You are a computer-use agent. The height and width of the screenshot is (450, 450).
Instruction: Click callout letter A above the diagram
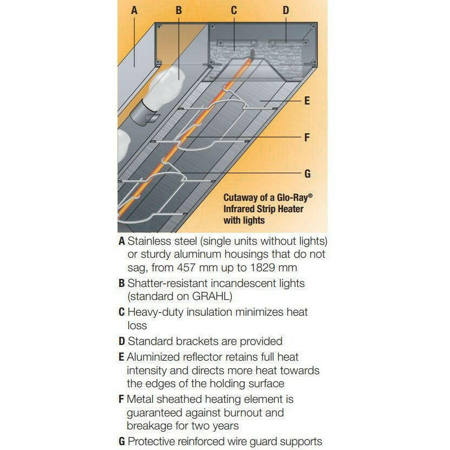tap(134, 10)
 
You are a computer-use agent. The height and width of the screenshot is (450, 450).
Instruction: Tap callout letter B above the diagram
tap(179, 10)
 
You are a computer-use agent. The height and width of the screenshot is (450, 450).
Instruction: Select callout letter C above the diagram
tap(234, 10)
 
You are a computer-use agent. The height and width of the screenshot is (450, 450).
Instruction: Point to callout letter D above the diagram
tap(286, 10)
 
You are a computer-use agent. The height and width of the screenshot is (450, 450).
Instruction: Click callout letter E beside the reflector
tap(307, 101)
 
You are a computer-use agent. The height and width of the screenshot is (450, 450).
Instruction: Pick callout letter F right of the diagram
tap(307, 138)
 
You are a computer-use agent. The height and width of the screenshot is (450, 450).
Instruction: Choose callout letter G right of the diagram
tap(308, 174)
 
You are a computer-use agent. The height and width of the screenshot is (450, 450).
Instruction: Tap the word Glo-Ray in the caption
tap(293, 198)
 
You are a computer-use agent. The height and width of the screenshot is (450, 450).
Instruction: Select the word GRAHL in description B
tap(211, 296)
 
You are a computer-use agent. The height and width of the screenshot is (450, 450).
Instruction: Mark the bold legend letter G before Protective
tap(122, 441)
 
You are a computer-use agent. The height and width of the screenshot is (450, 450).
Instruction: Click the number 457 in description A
tap(186, 268)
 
